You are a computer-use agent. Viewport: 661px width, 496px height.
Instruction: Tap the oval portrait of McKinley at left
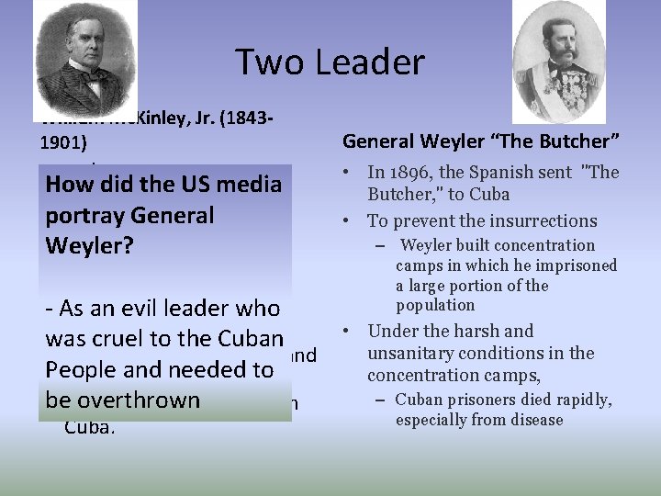click(x=85, y=60)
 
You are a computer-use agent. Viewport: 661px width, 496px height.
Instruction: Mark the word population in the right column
click(x=435, y=305)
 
